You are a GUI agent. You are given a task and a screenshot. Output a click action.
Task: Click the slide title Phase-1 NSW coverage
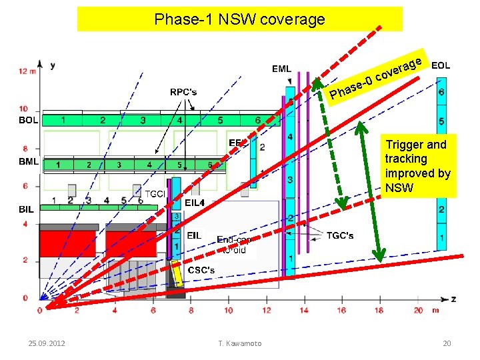(x=239, y=19)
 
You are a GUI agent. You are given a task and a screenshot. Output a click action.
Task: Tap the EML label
(x=281, y=69)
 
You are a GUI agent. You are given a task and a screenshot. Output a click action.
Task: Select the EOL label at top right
(x=441, y=65)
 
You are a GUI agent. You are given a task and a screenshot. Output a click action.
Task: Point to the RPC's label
(x=183, y=92)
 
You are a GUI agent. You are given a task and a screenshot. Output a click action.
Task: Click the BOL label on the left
(x=28, y=121)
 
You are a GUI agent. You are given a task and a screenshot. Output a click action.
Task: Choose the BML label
(x=28, y=161)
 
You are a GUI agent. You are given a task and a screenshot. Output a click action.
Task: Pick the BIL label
(x=26, y=209)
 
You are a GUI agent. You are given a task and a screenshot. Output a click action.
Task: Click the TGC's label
(x=340, y=235)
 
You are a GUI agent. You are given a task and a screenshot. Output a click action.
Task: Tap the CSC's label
(x=201, y=270)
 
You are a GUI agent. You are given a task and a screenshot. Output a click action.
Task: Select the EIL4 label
(x=194, y=202)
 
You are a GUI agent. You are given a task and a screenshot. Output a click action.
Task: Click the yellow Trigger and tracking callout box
(x=417, y=166)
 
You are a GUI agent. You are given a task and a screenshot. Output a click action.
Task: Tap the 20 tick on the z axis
(x=418, y=310)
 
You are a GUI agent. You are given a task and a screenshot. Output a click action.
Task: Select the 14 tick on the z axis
(x=304, y=310)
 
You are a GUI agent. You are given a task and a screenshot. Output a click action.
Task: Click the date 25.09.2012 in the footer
(x=46, y=343)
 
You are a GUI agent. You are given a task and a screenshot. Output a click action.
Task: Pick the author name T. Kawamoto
(x=239, y=343)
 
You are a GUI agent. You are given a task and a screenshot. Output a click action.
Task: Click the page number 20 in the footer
(x=447, y=343)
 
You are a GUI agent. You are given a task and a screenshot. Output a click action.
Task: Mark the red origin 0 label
(x=39, y=310)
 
